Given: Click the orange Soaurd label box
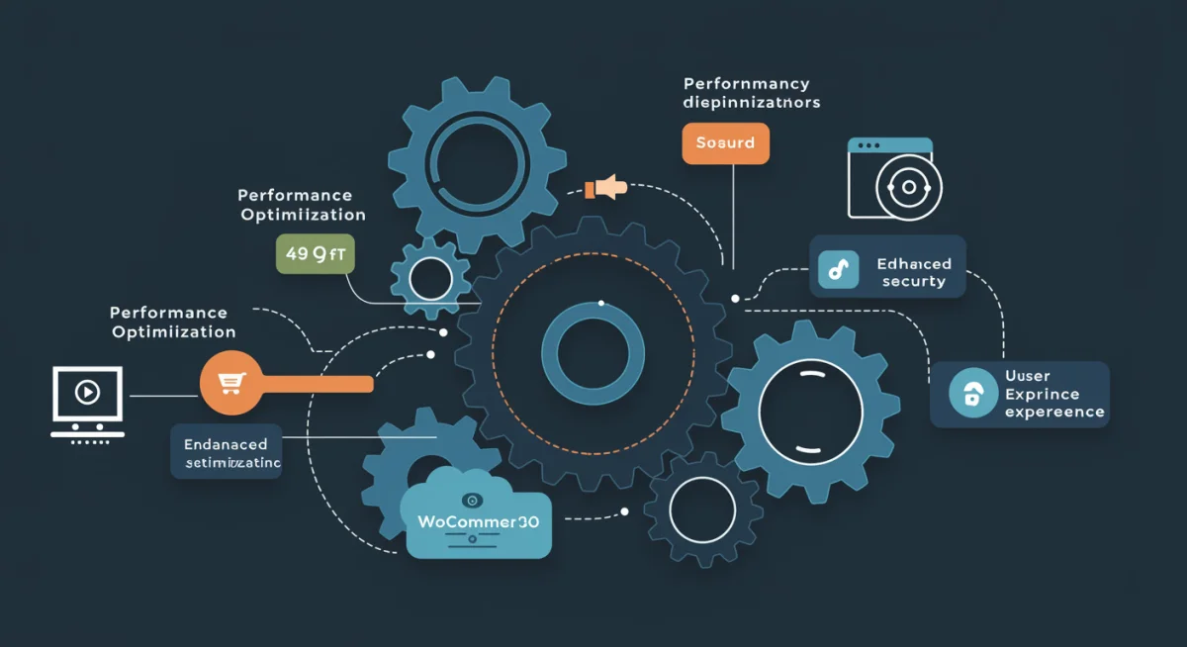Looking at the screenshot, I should [x=725, y=143].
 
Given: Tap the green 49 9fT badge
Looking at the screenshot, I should [x=315, y=253].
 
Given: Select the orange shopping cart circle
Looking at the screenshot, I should [x=230, y=384].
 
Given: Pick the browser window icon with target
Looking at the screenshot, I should [x=890, y=178].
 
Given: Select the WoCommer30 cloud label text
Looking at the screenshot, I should [x=479, y=521].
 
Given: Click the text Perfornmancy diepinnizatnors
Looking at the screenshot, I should [x=751, y=93].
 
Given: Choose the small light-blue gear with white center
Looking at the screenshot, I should [x=429, y=278].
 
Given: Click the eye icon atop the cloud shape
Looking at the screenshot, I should [x=471, y=500].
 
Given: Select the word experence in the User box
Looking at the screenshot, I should [x=1054, y=412].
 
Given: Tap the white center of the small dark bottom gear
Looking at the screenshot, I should [x=702, y=509].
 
